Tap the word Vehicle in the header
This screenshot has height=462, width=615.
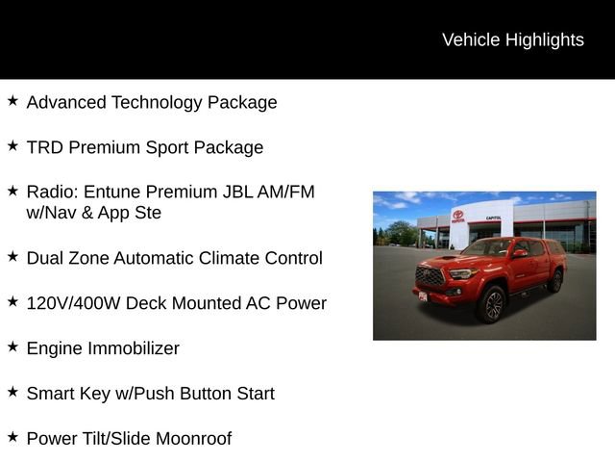pyautogui.click(x=471, y=39)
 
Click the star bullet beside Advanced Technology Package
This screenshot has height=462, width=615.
pyautogui.click(x=12, y=100)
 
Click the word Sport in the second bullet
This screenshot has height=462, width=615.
pyautogui.click(x=172, y=147)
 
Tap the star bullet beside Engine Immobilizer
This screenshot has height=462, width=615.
pyautogui.click(x=12, y=346)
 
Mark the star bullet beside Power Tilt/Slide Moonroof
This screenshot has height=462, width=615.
pyautogui.click(x=12, y=437)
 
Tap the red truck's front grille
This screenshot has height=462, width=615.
pyautogui.click(x=431, y=277)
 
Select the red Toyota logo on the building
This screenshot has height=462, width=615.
pyautogui.click(x=457, y=217)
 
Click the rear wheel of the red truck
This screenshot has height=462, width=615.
pyautogui.click(x=554, y=281)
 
